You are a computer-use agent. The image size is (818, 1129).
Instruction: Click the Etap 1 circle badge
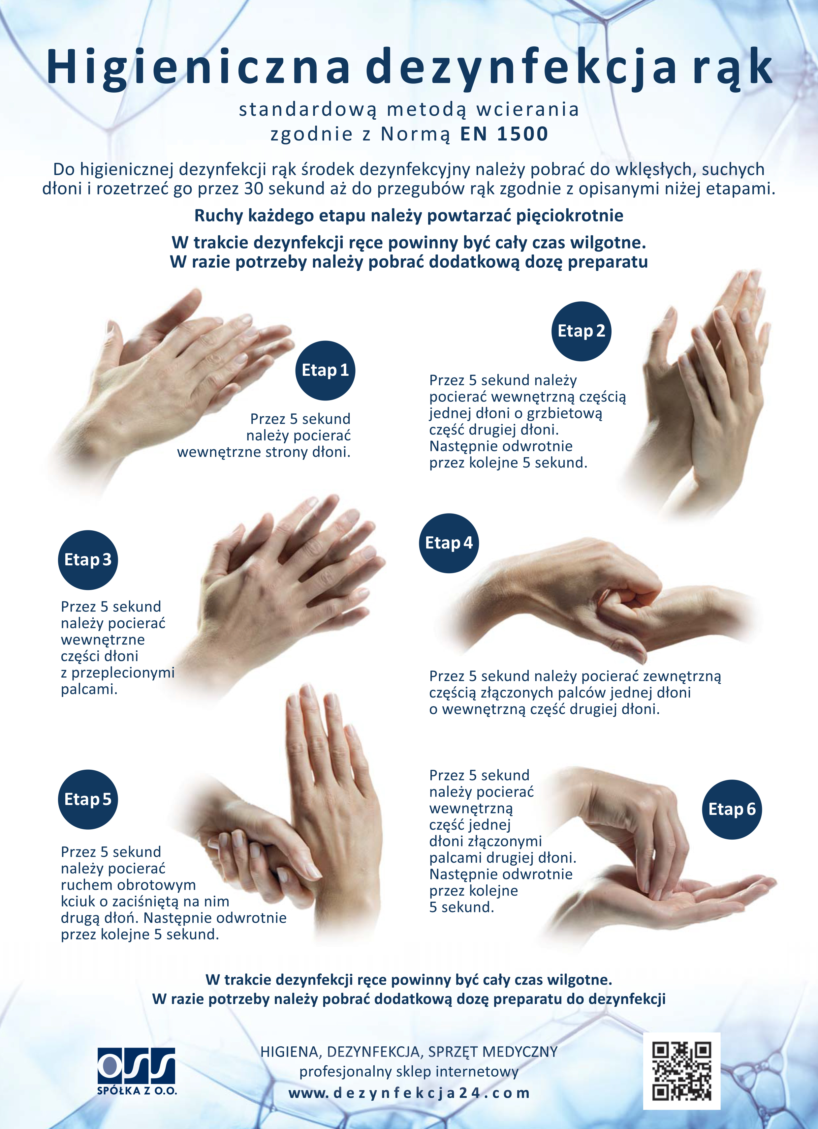pos(325,371)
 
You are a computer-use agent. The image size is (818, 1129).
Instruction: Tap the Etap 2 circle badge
pos(581,331)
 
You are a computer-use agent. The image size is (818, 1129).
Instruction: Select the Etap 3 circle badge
pos(88,560)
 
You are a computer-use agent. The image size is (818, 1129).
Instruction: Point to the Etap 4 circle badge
pos(448,543)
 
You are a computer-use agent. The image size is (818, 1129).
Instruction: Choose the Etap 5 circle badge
pos(88,799)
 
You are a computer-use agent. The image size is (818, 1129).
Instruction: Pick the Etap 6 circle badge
pos(732,809)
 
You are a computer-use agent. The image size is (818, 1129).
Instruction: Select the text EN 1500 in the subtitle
pos(504,134)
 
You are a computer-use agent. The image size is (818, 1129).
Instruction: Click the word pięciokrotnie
pos(569,216)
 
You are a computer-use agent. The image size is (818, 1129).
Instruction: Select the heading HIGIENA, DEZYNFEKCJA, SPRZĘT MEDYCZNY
pos(409,1052)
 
